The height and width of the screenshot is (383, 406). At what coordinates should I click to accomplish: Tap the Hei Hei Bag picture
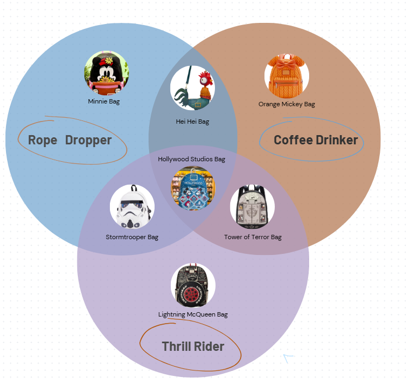(193, 89)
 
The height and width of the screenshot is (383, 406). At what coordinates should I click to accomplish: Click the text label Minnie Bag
(104, 101)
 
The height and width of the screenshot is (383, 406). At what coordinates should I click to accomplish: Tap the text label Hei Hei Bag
(193, 122)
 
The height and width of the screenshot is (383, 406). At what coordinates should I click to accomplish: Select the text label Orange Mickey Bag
(287, 104)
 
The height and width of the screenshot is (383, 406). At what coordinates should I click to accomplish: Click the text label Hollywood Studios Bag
(192, 159)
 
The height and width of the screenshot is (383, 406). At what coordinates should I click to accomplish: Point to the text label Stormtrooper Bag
(132, 237)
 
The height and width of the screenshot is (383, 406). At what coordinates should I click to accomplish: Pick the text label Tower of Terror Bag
(253, 237)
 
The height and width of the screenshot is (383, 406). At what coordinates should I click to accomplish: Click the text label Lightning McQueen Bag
(193, 314)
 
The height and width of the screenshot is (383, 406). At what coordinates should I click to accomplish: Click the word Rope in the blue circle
(42, 141)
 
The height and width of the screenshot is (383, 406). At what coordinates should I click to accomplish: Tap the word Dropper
(88, 141)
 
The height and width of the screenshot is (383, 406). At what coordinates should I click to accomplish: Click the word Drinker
(336, 141)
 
